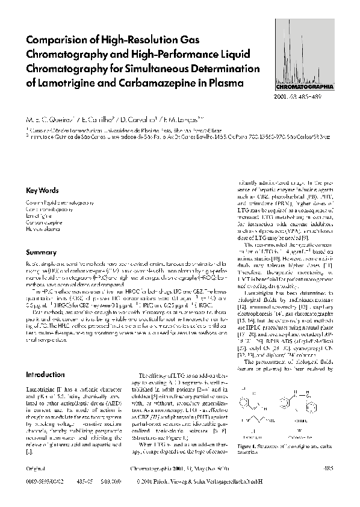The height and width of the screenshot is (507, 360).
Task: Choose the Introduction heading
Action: pyautogui.click(x=45, y=374)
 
